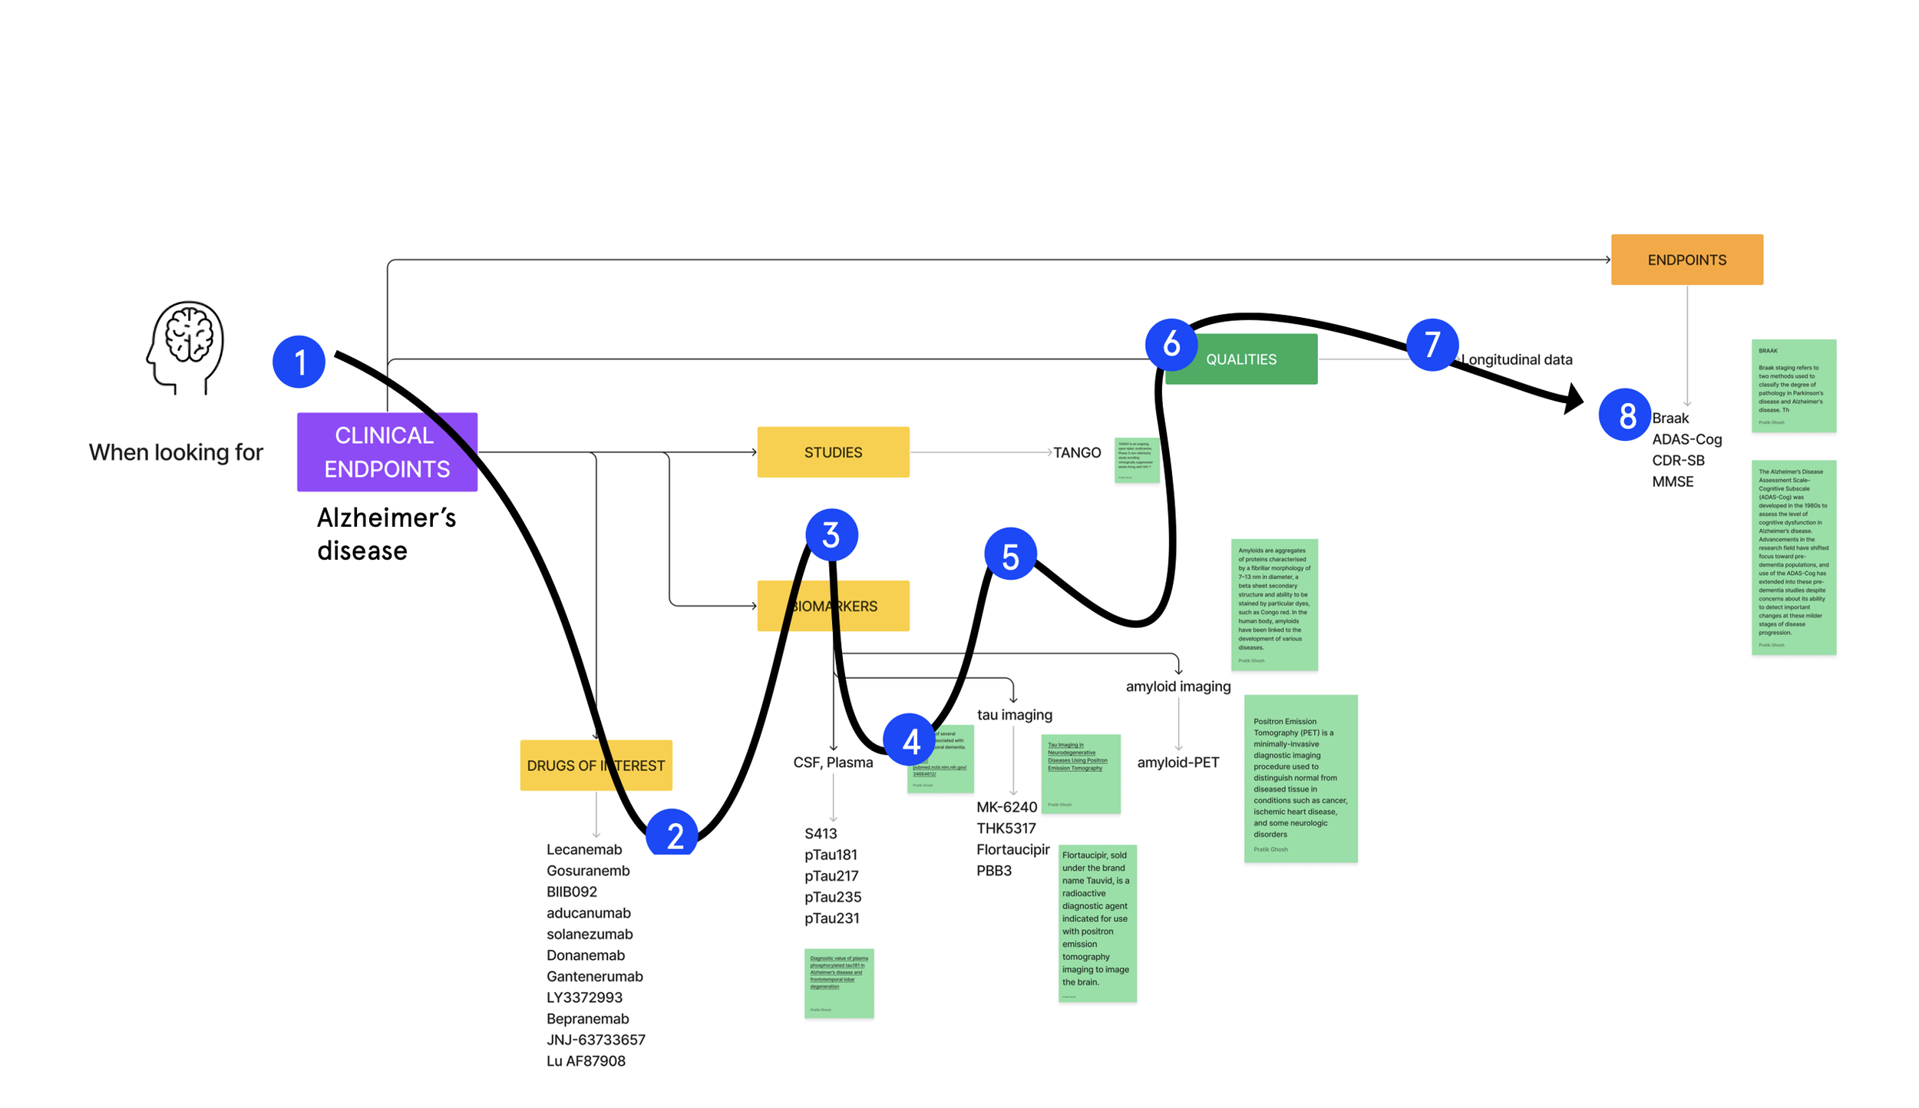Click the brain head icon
tap(186, 347)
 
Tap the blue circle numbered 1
tap(299, 362)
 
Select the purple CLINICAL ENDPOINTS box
tap(387, 451)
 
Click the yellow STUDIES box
tap(833, 452)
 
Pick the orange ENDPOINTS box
tap(1686, 260)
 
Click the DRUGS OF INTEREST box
tap(596, 765)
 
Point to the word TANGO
tap(1076, 452)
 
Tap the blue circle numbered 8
tap(1624, 415)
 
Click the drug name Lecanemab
tap(584, 849)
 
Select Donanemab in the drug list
tap(586, 955)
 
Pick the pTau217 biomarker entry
tap(831, 875)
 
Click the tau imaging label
tap(1014, 715)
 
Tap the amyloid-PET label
tap(1177, 762)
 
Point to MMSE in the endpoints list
tap(1673, 481)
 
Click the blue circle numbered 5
tap(1010, 554)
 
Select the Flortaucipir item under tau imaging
tap(1012, 849)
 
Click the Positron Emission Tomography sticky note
tap(1300, 778)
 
